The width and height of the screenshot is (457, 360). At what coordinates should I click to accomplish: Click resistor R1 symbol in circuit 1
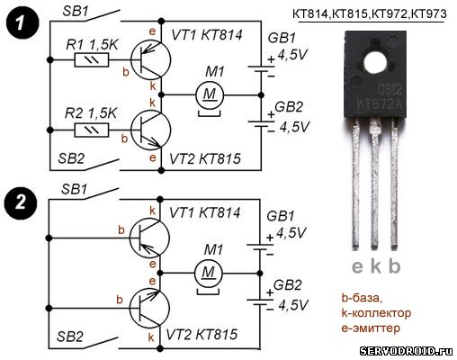click(92, 60)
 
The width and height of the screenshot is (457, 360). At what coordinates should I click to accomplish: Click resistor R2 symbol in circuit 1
click(92, 130)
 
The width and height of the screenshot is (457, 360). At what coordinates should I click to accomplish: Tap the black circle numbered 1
click(22, 23)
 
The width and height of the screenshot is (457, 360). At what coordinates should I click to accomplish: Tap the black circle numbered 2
click(21, 203)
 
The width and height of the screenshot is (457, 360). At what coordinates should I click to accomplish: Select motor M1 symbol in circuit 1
click(210, 95)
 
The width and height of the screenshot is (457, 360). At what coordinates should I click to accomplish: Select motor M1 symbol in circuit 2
click(209, 274)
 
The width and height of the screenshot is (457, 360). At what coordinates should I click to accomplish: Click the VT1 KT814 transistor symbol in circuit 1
click(151, 59)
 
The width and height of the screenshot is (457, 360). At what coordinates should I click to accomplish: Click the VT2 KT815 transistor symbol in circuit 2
click(149, 308)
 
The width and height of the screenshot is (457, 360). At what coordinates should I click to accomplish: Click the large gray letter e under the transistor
click(357, 266)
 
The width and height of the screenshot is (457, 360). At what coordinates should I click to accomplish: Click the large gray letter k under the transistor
click(376, 265)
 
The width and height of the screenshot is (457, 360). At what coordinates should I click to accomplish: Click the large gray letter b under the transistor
click(394, 265)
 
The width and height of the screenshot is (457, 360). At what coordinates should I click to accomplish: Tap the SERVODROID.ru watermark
click(407, 350)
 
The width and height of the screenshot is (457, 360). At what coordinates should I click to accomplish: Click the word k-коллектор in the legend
click(376, 313)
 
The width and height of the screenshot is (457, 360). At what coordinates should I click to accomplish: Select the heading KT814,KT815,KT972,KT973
click(370, 14)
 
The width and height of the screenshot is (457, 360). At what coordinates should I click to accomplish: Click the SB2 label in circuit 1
click(71, 158)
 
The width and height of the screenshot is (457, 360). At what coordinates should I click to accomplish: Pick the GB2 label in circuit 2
click(287, 285)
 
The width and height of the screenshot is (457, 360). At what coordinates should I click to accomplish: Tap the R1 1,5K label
click(92, 45)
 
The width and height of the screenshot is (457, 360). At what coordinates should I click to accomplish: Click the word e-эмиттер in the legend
click(371, 328)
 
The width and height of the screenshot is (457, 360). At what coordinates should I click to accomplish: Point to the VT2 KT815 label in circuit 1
click(205, 158)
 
